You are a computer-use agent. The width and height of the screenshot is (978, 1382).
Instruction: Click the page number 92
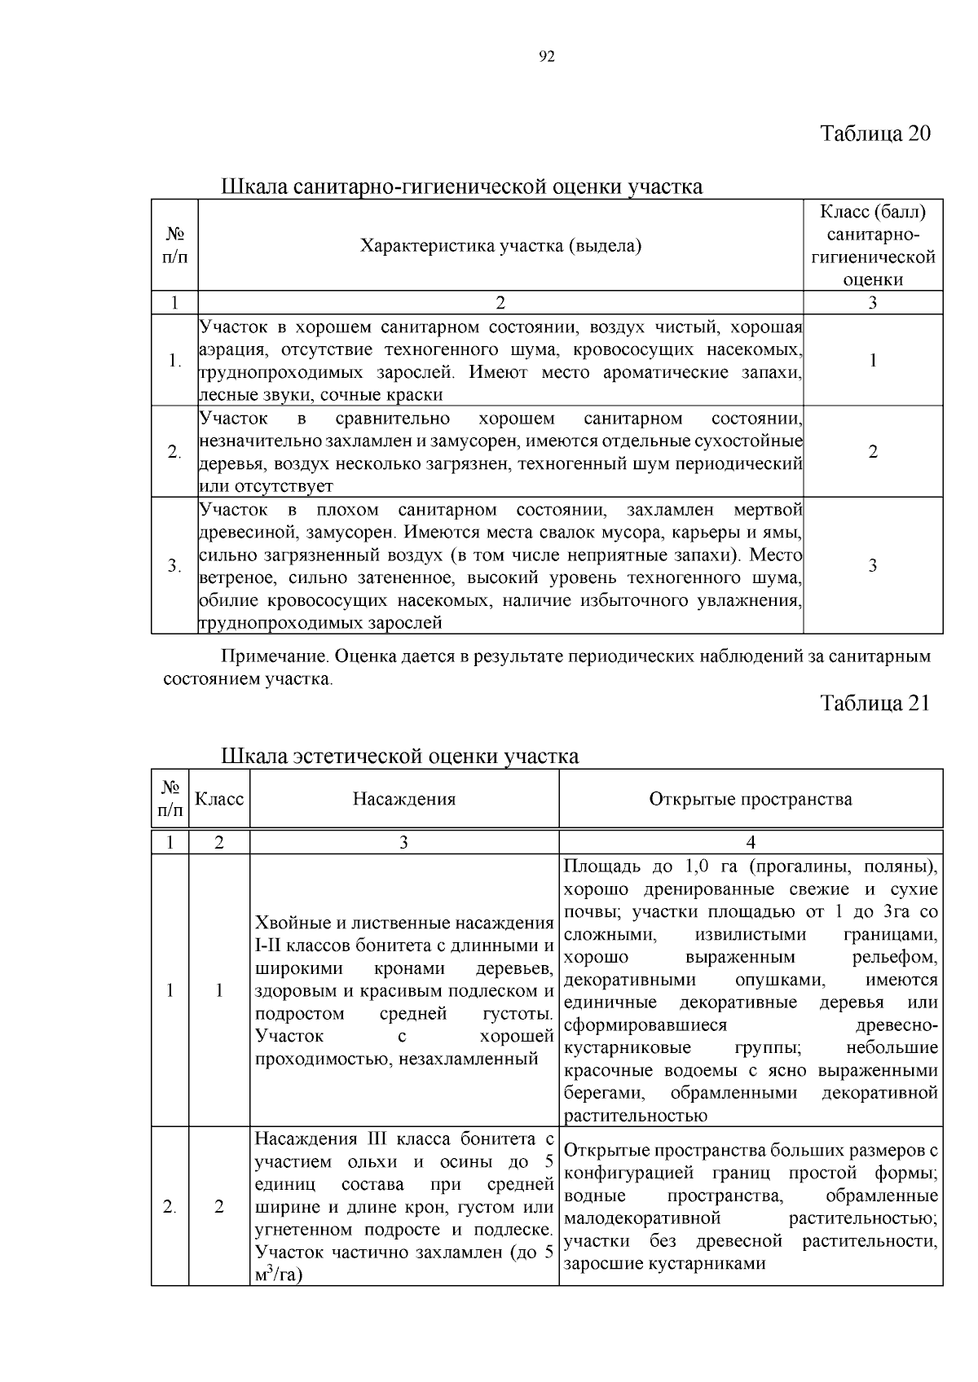(547, 56)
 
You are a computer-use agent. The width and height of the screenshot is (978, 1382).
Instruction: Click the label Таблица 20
(874, 133)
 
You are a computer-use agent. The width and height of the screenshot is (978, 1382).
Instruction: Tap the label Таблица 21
(874, 703)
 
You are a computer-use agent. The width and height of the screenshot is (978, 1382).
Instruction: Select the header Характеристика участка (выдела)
(500, 245)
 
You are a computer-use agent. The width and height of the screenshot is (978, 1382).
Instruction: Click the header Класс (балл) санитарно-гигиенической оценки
(873, 245)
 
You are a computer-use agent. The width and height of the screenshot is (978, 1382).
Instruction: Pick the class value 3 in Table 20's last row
(873, 565)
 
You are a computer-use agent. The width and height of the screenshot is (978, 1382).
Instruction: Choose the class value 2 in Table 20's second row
(873, 452)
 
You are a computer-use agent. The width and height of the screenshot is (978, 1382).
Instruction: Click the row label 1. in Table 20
(174, 361)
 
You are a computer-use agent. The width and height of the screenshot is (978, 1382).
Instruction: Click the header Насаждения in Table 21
(403, 799)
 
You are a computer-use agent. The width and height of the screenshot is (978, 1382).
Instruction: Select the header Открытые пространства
(751, 799)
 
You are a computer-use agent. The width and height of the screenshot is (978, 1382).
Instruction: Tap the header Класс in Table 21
(218, 799)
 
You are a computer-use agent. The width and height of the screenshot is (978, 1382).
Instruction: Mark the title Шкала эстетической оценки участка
(400, 757)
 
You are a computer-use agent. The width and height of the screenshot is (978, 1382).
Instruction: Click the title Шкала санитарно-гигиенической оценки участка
(461, 186)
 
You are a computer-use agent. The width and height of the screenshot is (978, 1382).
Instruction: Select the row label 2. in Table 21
(170, 1207)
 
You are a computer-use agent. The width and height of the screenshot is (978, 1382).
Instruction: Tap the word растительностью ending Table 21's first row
(636, 1116)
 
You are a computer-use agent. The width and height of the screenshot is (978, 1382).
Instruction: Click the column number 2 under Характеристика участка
(500, 303)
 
